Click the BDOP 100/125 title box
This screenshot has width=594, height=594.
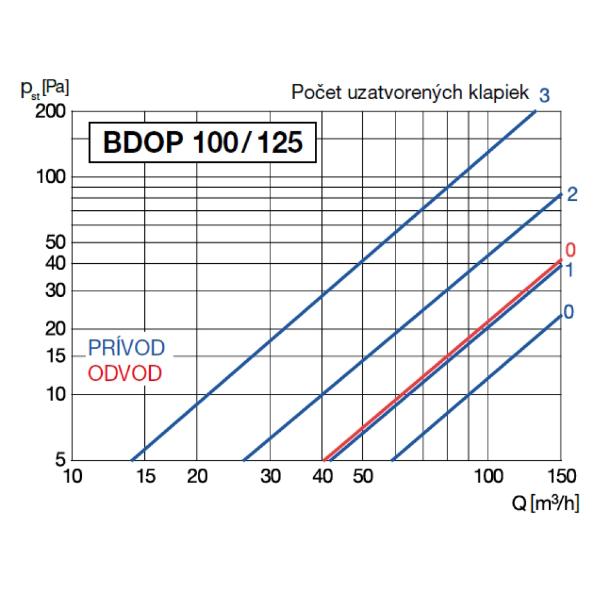click(202, 143)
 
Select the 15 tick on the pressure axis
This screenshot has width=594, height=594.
click(55, 356)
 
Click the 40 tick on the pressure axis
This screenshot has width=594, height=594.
click(55, 263)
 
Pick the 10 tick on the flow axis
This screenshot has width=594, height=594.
click(72, 476)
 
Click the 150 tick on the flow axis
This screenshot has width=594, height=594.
click(561, 476)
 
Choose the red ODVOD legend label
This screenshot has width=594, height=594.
click(125, 374)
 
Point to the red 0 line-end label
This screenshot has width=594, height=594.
click(570, 249)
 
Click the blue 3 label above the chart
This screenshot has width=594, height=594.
click(544, 94)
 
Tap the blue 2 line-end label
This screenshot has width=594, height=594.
click(572, 194)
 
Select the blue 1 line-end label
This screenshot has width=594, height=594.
click(569, 271)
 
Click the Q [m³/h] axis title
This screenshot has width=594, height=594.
click(544, 505)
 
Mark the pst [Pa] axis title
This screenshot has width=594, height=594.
click(45, 89)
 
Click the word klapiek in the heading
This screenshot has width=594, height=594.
click(499, 93)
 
